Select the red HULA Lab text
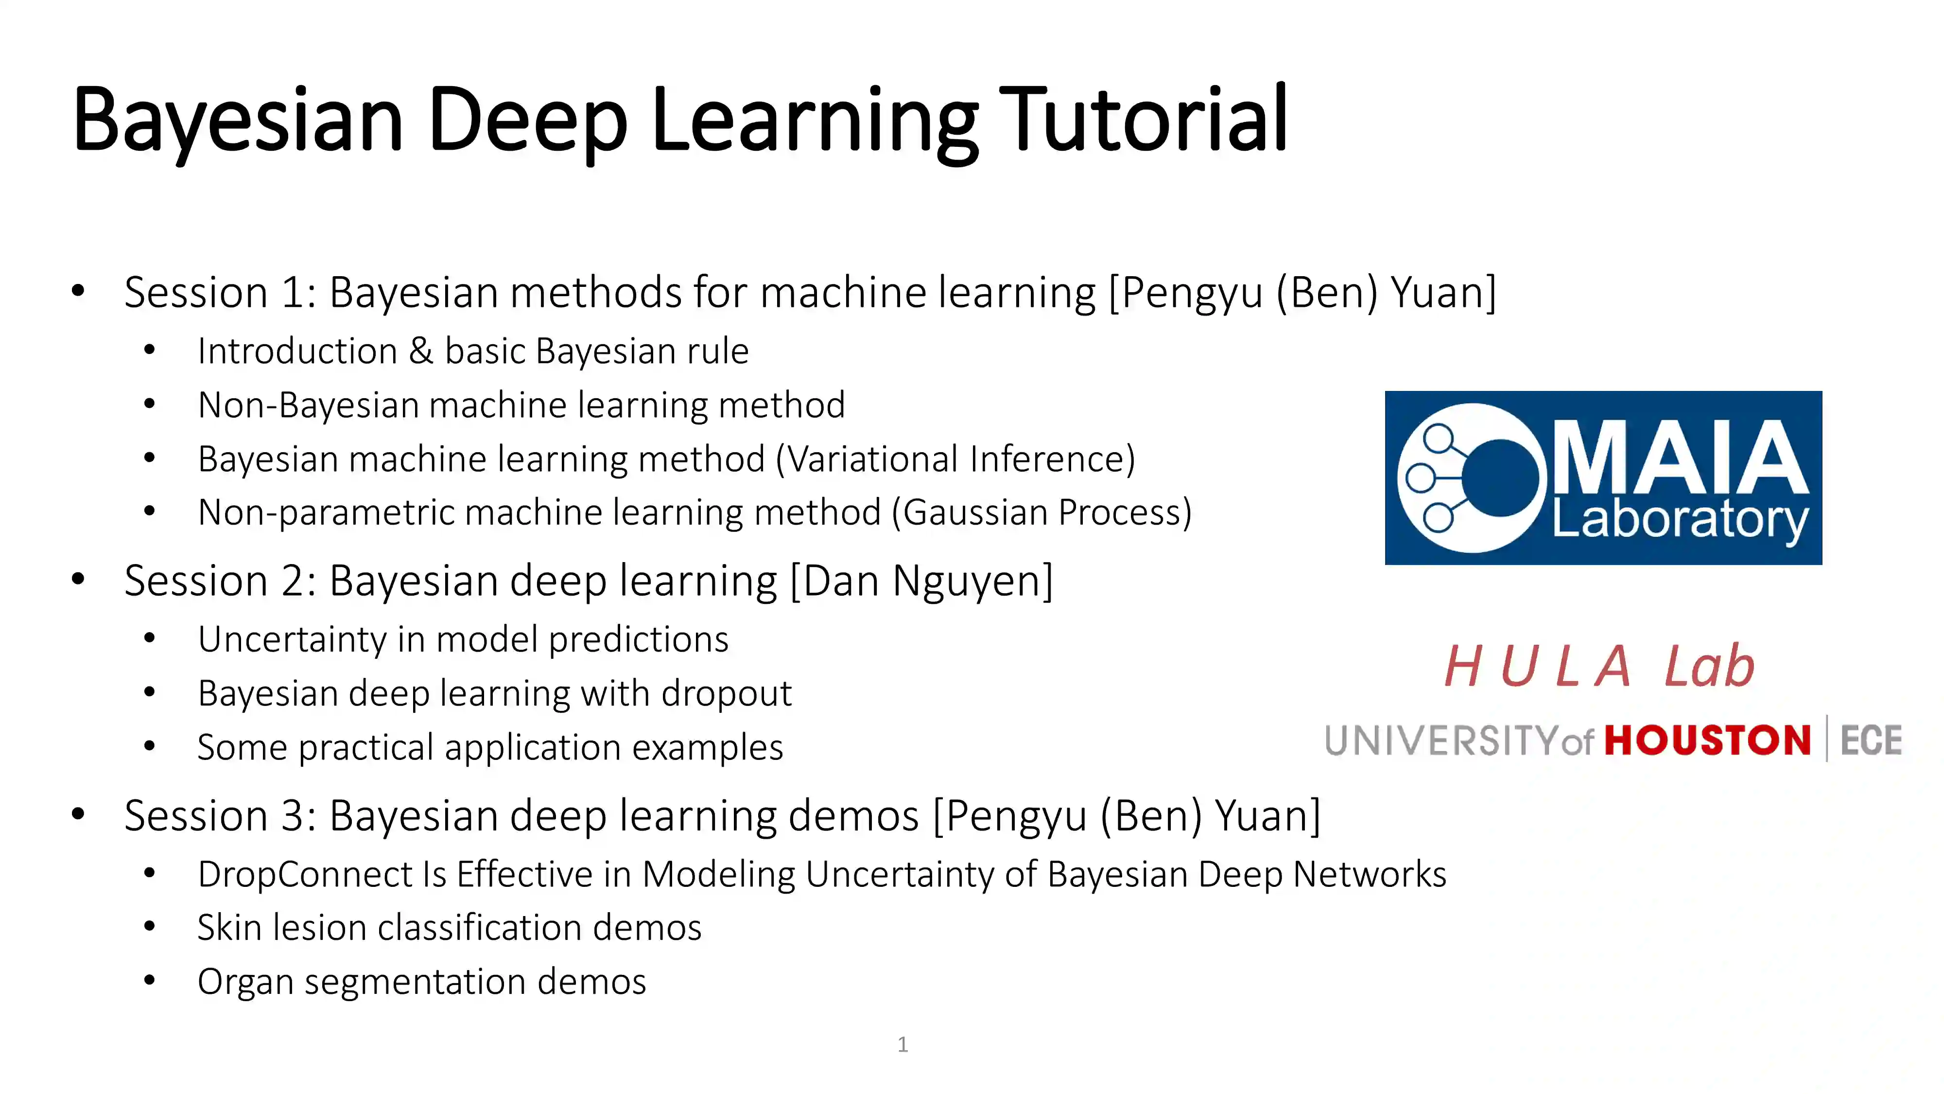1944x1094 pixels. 1599,666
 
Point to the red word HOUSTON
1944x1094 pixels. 1707,740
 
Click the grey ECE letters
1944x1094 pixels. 1871,740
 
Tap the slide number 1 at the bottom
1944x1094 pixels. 903,1044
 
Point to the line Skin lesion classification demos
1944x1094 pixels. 449,927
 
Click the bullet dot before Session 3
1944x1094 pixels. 78,814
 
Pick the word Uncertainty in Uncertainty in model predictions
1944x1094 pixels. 292,639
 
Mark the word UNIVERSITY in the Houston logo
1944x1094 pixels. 1441,740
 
